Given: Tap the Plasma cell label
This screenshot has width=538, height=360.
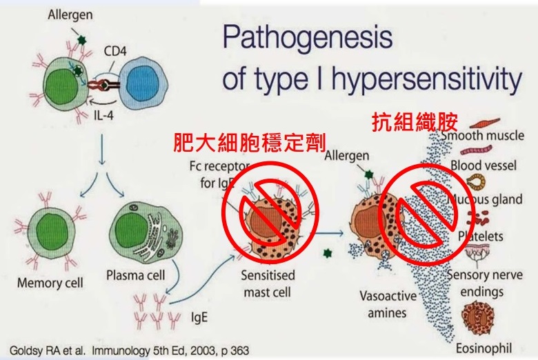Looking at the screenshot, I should [x=135, y=275].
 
